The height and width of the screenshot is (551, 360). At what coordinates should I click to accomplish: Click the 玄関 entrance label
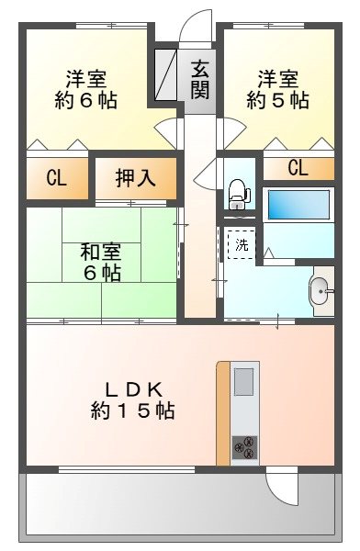click(x=200, y=78)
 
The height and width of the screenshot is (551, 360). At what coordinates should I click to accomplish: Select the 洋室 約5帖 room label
click(x=277, y=88)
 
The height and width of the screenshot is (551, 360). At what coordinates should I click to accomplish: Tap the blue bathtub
click(x=299, y=204)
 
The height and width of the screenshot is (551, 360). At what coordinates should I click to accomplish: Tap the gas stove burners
click(x=245, y=448)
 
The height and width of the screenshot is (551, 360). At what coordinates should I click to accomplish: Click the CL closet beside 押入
click(x=56, y=178)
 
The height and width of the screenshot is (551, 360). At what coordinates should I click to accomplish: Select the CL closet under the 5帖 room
click(x=298, y=168)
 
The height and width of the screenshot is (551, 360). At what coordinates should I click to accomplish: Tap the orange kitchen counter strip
click(x=223, y=413)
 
